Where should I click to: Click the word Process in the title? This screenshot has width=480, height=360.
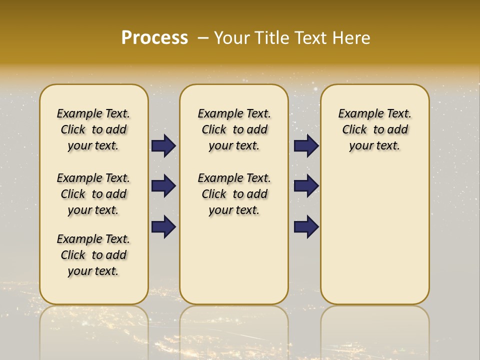point(154,38)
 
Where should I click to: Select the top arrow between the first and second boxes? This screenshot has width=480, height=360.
point(163,146)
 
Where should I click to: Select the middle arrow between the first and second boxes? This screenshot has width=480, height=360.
point(163,186)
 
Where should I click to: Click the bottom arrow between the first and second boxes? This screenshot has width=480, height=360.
point(163,226)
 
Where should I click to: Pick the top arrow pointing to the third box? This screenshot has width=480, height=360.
point(306,146)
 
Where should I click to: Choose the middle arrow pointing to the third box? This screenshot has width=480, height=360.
point(306,186)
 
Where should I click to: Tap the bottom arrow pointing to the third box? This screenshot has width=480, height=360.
point(306,226)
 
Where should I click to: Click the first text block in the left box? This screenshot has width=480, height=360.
point(93,129)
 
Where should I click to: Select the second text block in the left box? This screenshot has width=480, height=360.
point(93,194)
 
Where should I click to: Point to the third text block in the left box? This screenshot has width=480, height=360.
point(93,255)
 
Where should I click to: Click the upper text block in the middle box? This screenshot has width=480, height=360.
point(234,129)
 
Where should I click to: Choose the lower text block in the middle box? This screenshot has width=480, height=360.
point(234,194)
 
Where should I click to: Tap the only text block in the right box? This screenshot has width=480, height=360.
point(374,129)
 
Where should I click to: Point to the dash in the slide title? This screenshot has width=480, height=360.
point(203,38)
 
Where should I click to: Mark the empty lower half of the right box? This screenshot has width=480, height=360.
point(374,240)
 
